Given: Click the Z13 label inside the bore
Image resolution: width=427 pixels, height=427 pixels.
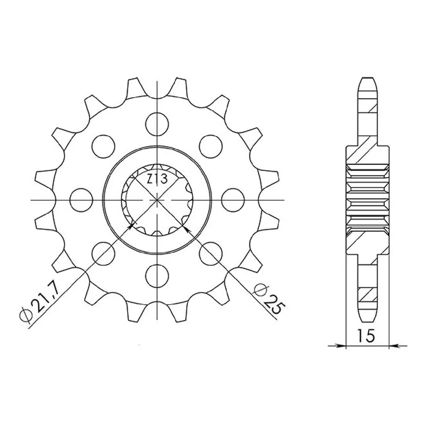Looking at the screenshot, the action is (x=157, y=180).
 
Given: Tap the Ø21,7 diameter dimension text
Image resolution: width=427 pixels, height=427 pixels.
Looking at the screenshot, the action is (x=39, y=302).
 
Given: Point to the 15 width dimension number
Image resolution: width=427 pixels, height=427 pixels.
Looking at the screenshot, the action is (x=366, y=336).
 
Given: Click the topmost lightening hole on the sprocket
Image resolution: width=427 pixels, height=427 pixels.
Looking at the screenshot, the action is (x=157, y=124).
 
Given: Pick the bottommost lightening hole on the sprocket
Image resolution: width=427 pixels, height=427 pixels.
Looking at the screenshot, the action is (x=157, y=275).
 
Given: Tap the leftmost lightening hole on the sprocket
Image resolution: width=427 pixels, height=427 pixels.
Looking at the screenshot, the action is (x=81, y=200).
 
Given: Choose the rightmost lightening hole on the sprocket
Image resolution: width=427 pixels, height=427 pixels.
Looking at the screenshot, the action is (x=233, y=200).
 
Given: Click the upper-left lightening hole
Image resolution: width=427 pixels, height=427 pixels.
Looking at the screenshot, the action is (x=103, y=146).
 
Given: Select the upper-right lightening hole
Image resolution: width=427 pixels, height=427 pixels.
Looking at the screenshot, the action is (x=211, y=146).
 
